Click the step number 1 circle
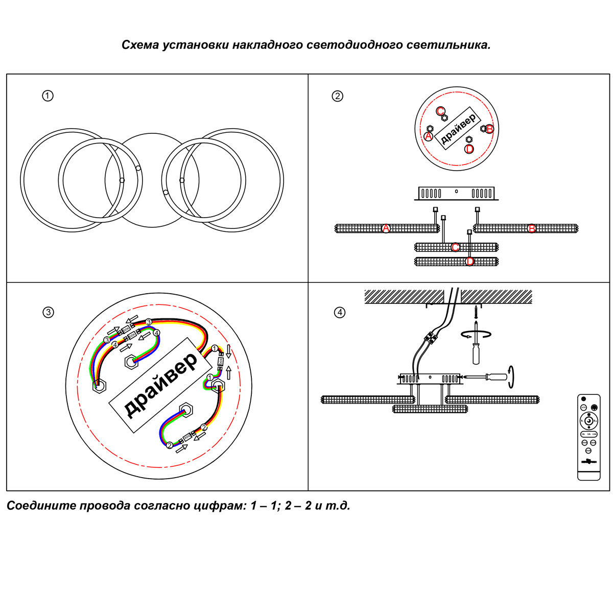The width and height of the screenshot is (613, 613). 48,96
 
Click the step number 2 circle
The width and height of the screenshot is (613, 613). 338,96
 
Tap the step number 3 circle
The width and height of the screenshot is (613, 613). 48,312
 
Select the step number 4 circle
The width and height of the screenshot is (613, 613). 339,312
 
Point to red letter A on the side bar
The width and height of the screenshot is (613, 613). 386,228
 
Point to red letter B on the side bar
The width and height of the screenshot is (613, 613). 532,228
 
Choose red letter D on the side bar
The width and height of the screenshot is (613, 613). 470,262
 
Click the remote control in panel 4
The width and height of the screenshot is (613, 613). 588,437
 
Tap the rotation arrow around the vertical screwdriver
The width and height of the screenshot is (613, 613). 476,334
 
